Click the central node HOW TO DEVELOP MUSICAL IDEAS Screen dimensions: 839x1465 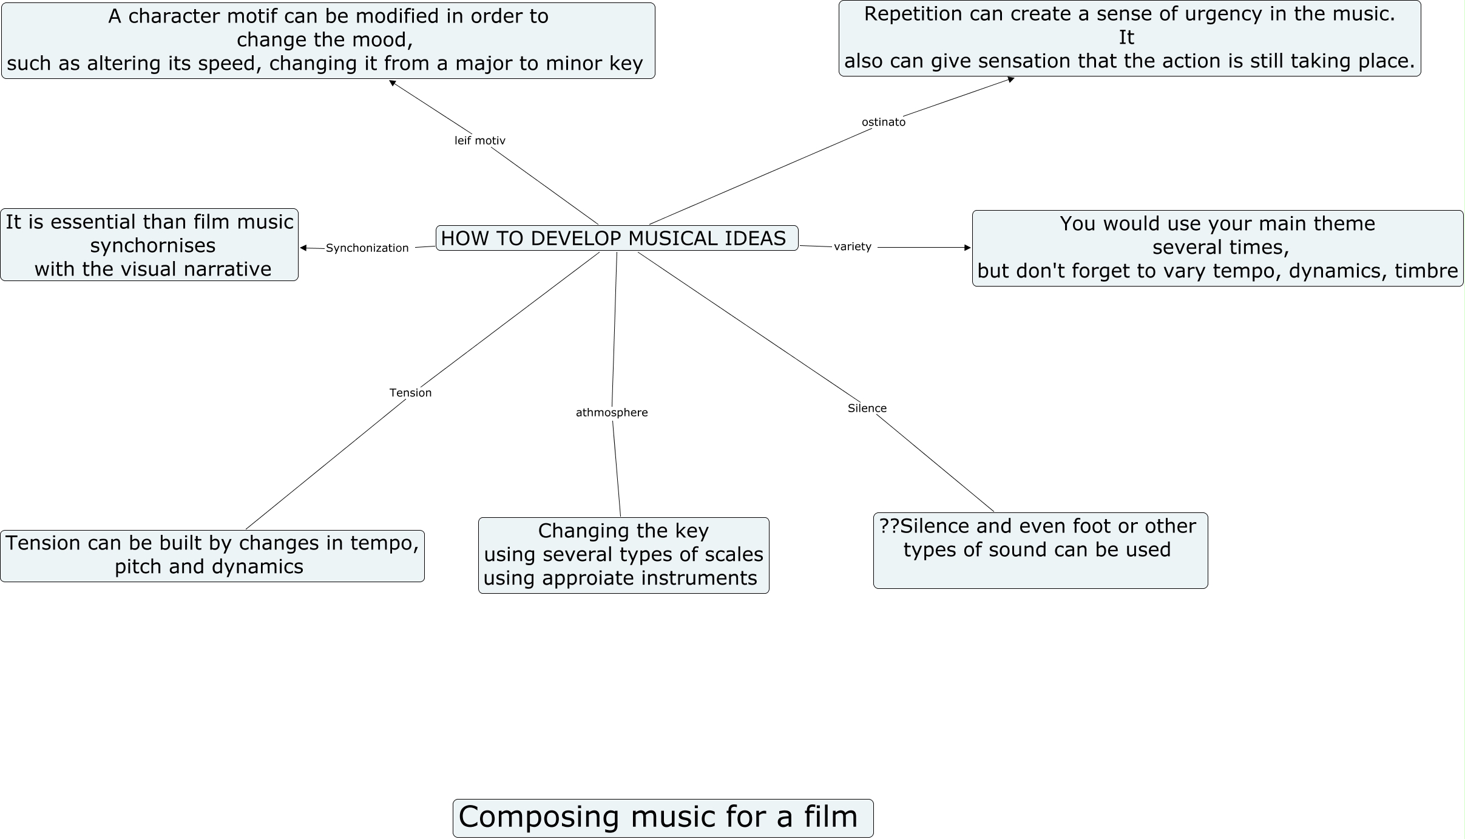[617, 238]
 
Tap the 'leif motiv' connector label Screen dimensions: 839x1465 [479, 140]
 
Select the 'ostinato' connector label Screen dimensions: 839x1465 [883, 122]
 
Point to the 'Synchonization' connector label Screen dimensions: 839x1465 [367, 248]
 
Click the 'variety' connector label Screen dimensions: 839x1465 [852, 246]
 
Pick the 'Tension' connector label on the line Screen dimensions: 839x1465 [410, 393]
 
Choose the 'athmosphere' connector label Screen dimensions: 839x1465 [611, 412]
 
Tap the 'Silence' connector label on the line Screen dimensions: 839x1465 [867, 408]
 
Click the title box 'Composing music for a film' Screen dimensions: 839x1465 [663, 818]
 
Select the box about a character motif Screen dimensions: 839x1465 [328, 41]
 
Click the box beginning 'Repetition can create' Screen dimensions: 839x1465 [1129, 38]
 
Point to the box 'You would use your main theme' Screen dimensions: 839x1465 [1217, 248]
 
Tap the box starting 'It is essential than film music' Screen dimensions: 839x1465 [149, 245]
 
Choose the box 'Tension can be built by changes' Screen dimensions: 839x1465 [212, 555]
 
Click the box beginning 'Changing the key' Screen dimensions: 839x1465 [623, 555]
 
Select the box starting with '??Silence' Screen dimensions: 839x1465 [1040, 550]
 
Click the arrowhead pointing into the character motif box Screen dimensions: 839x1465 [393, 83]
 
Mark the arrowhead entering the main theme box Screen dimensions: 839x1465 [967, 248]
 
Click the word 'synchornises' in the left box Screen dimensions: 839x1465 [153, 245]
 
